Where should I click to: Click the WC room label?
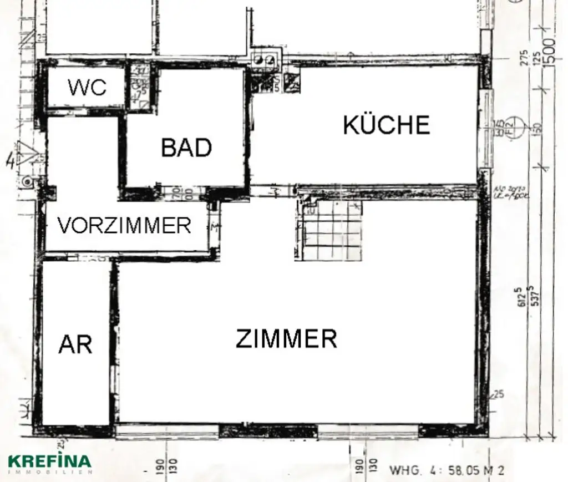[87, 87]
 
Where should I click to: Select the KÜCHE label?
[387, 125]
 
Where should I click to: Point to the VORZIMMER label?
[125, 226]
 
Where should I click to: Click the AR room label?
[75, 344]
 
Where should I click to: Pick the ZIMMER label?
[286, 338]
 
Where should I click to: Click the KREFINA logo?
[49, 460]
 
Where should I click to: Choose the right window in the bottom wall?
[368, 430]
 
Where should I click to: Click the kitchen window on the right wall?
[486, 129]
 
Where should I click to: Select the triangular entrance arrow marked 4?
[25, 154]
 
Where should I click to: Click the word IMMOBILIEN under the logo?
[49, 471]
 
